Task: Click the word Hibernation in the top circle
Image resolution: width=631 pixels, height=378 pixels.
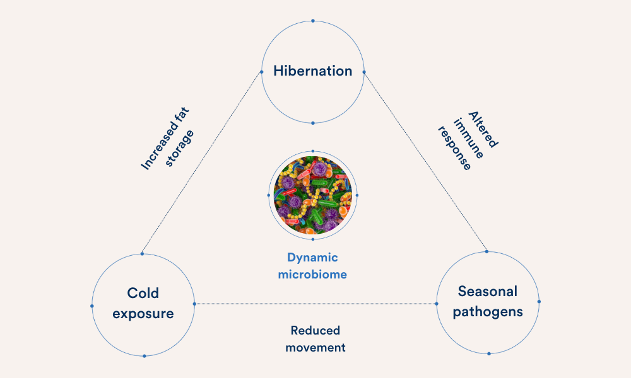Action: click(x=312, y=71)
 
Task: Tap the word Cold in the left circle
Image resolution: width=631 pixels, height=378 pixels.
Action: click(x=143, y=293)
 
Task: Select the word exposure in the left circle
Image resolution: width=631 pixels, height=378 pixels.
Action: click(x=143, y=313)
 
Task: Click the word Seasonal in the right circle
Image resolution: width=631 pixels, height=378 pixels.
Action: click(x=487, y=291)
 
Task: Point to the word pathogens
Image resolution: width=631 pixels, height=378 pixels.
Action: click(x=487, y=311)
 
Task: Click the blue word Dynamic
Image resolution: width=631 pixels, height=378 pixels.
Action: click(x=312, y=258)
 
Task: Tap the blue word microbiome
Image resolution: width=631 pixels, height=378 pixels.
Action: click(x=312, y=275)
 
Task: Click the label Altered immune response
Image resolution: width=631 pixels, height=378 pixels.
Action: click(x=468, y=140)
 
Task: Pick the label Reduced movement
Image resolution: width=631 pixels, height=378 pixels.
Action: click(x=315, y=339)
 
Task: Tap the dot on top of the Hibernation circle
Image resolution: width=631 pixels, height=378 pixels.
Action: click(x=313, y=21)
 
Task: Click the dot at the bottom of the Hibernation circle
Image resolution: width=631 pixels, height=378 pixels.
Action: click(x=313, y=122)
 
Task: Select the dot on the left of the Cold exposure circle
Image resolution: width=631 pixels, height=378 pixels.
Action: click(x=92, y=306)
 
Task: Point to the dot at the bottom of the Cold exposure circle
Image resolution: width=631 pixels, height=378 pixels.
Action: click(x=144, y=356)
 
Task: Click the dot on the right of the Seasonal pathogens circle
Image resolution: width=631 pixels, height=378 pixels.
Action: click(x=539, y=301)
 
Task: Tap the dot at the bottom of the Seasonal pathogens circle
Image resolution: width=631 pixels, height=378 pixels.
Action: click(x=488, y=353)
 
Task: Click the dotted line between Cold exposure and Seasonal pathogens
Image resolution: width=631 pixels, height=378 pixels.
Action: click(x=315, y=304)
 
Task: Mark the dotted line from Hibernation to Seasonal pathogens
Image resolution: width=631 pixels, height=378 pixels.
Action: click(x=426, y=163)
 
